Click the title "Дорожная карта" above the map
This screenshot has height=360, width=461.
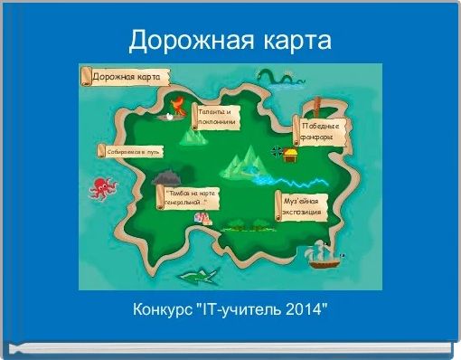coord(230,41)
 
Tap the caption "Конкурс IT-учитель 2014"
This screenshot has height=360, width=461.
coord(230,310)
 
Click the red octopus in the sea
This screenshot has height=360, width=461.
coord(103,187)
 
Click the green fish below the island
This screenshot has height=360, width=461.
coord(199,272)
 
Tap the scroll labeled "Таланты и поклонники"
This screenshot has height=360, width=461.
coord(215,116)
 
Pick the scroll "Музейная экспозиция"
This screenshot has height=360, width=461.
coord(301,205)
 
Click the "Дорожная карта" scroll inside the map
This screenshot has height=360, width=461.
coord(123,77)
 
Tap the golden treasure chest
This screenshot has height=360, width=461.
coord(290,155)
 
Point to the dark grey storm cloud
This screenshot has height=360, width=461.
coord(167,179)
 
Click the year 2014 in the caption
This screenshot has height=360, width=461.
coord(310,310)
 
